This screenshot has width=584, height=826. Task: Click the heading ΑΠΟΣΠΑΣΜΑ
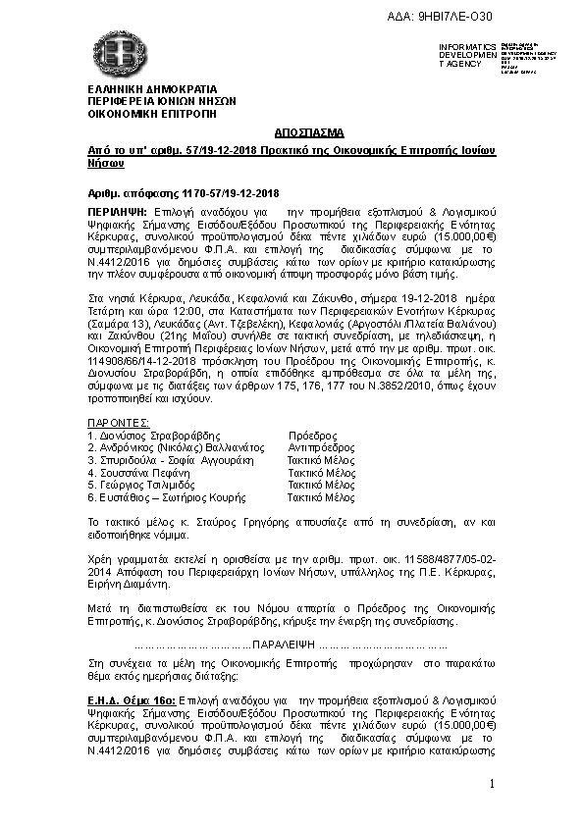(x=292, y=131)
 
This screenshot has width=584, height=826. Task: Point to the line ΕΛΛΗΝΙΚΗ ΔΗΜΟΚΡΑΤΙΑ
(x=145, y=89)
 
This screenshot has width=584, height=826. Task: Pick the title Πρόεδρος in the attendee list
(x=312, y=436)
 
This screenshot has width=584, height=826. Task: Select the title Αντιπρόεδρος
(x=319, y=447)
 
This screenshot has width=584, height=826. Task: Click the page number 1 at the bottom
(x=491, y=784)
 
